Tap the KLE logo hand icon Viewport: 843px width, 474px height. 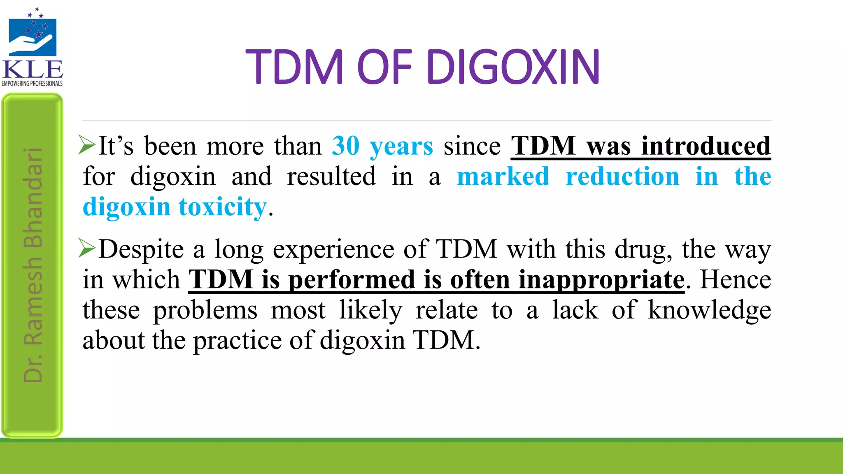32,43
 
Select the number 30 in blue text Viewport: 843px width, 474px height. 346,146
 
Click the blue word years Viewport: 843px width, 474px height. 401,146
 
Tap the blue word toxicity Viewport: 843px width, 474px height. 223,207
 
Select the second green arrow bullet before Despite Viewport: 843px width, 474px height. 87,248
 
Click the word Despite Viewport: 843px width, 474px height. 141,249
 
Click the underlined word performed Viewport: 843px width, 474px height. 351,280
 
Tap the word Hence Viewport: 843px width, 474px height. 735,280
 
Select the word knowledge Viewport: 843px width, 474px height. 709,310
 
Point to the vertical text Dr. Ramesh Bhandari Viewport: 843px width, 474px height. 33,265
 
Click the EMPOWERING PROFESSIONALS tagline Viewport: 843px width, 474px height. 32,84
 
